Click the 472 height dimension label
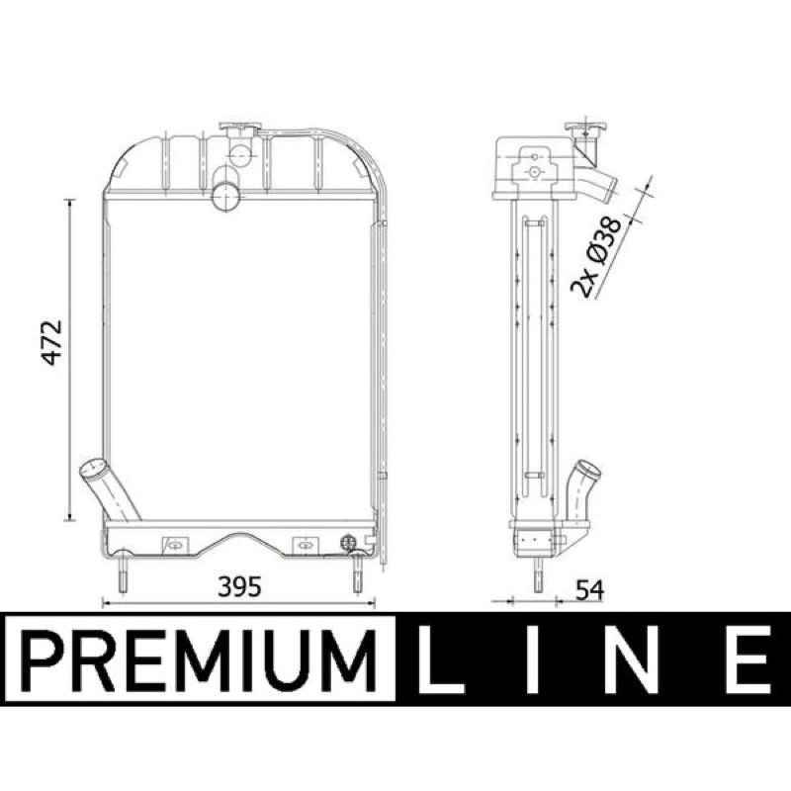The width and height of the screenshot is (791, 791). [51, 342]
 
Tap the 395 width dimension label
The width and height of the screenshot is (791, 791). [239, 586]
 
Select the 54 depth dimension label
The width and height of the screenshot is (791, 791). [589, 590]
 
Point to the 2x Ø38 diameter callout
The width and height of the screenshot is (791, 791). [596, 256]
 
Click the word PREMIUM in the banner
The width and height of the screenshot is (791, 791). [201, 660]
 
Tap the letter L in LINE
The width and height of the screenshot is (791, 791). [439, 659]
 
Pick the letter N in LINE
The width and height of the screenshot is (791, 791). [633, 659]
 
